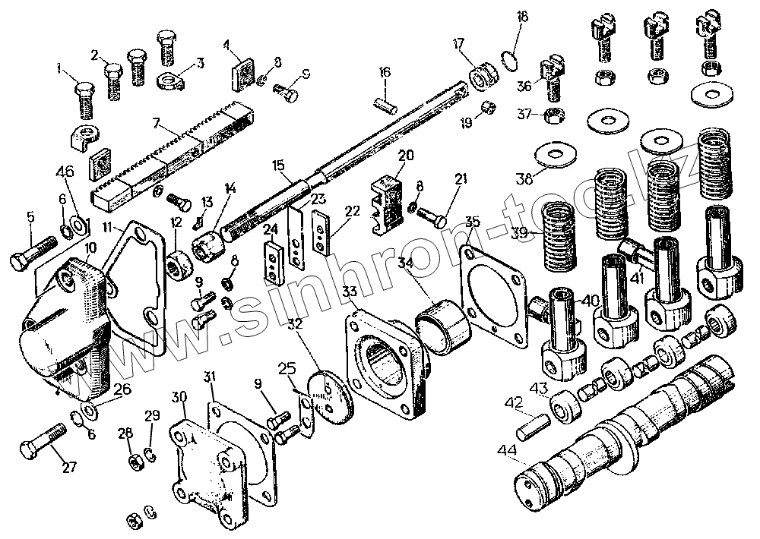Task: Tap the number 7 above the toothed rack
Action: click(156, 123)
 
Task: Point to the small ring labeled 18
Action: click(512, 58)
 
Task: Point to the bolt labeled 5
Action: click(34, 254)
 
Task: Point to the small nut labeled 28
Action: click(133, 460)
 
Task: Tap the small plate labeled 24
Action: click(271, 258)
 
